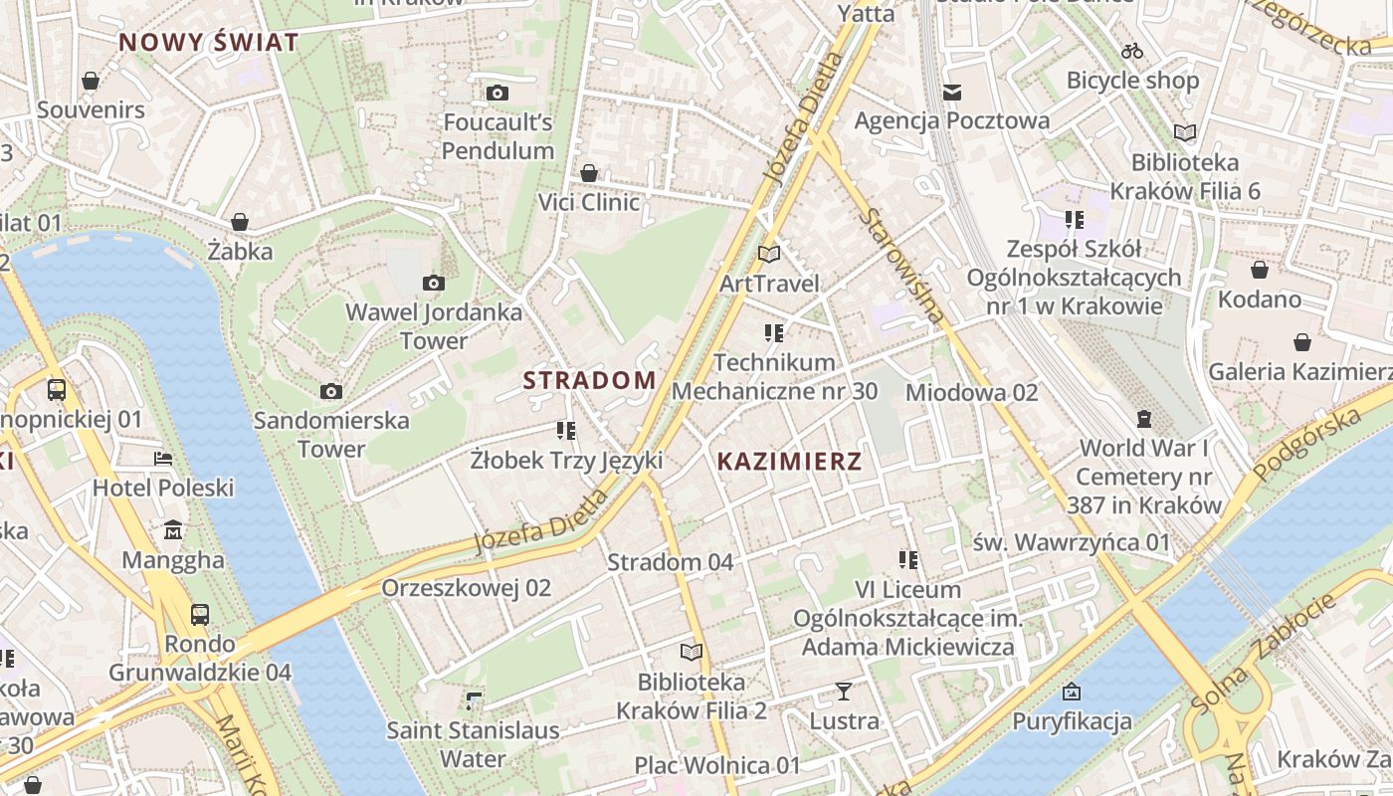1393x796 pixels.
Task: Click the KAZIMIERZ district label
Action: point(789,462)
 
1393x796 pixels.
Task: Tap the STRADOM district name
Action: point(589,380)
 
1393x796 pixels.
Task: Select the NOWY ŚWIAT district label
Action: point(208,43)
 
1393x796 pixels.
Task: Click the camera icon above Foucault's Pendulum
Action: point(497,94)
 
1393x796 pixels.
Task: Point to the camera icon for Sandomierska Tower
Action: point(331,392)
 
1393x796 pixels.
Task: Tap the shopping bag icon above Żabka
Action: point(240,222)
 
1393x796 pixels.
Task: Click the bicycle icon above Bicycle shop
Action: point(1131,51)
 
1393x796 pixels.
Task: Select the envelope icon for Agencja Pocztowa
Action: point(952,93)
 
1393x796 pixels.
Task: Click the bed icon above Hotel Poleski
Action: point(163,459)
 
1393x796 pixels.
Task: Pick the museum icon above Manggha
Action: point(173,529)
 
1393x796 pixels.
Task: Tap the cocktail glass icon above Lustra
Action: point(844,691)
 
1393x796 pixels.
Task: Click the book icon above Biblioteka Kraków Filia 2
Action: point(691,653)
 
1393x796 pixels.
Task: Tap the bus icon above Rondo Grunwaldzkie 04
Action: point(200,614)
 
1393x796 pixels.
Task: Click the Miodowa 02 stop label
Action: point(971,393)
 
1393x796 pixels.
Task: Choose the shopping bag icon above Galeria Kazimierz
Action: point(1301,343)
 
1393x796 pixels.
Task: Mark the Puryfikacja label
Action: point(1072,721)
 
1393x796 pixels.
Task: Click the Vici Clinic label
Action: point(589,202)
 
